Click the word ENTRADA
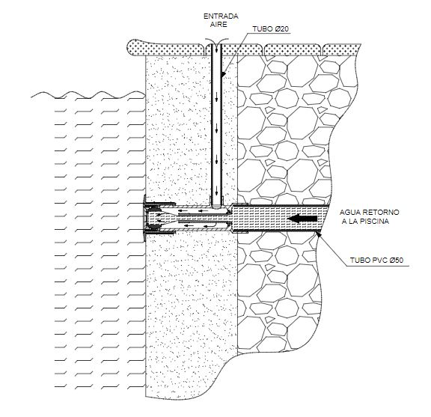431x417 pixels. coord(221,16)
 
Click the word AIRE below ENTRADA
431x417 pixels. coord(218,24)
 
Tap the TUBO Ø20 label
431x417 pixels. coord(270,29)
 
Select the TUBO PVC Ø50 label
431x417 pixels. coord(376,260)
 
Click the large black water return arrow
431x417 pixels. coord(302,219)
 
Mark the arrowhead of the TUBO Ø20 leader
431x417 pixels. coord(223,74)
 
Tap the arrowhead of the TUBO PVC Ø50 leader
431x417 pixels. coord(318,234)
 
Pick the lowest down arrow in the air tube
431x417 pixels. coord(216,189)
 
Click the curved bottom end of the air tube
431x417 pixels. coord(216,206)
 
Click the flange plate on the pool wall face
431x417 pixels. coord(144,219)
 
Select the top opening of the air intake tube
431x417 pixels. coord(216,45)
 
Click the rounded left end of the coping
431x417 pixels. coord(131,48)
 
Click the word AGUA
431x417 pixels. coord(349,213)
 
